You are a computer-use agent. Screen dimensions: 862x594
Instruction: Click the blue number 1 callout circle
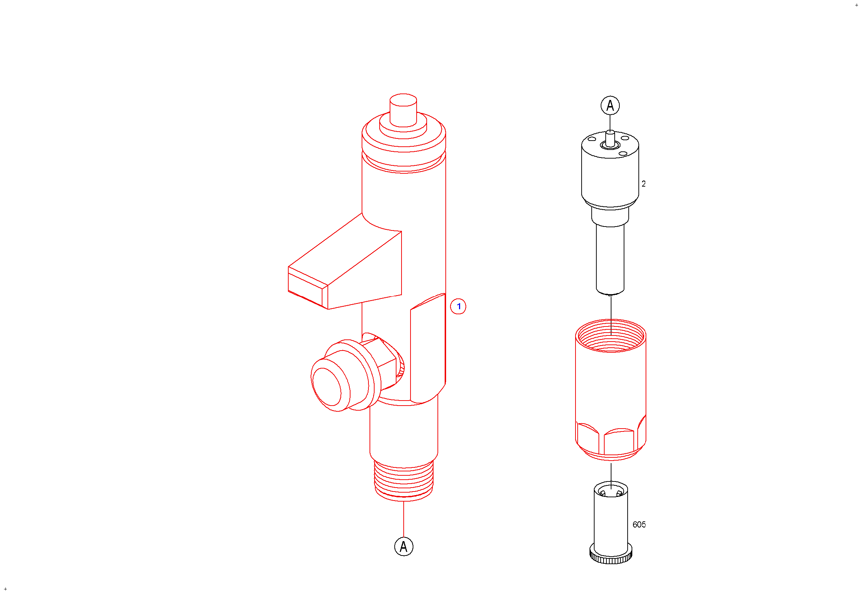(458, 306)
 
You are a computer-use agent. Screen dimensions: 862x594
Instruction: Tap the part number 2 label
(643, 184)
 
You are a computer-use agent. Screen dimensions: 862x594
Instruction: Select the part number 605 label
(639, 525)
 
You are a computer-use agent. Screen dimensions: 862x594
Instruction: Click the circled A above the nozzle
(610, 105)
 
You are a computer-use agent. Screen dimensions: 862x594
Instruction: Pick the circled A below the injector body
(404, 547)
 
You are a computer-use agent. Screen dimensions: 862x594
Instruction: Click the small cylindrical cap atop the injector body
(403, 110)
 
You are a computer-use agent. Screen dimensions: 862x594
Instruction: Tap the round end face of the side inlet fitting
(327, 387)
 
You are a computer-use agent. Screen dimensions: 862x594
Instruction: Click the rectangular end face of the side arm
(308, 288)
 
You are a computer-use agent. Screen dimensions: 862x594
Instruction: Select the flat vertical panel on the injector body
(428, 348)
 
